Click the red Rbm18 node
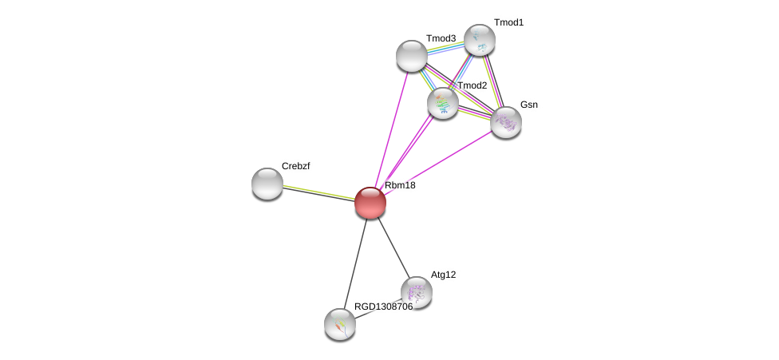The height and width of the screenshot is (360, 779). [x=370, y=203]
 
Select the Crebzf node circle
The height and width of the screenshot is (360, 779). [x=267, y=184]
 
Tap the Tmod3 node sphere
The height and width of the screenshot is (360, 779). [x=412, y=55]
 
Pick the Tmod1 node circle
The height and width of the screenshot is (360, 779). [x=480, y=39]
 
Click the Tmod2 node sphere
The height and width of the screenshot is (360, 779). [x=443, y=103]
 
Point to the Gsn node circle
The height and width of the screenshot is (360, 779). [x=505, y=121]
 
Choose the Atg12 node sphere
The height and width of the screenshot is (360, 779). [x=416, y=292]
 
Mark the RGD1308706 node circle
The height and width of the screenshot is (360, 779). [x=340, y=323]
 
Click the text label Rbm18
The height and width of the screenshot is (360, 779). [x=400, y=186]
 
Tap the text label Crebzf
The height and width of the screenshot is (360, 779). [x=295, y=166]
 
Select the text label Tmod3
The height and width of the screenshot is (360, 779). [x=441, y=38]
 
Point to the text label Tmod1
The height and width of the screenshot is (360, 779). [x=508, y=22]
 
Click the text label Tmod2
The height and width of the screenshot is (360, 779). [x=472, y=85]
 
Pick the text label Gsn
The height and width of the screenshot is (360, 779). [x=528, y=105]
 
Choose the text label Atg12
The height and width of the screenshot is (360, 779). [x=443, y=275]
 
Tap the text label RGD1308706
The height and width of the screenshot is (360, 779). [x=383, y=307]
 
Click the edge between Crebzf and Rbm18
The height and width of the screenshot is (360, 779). [x=319, y=193]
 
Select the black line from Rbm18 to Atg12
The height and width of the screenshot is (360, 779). [x=393, y=247]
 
